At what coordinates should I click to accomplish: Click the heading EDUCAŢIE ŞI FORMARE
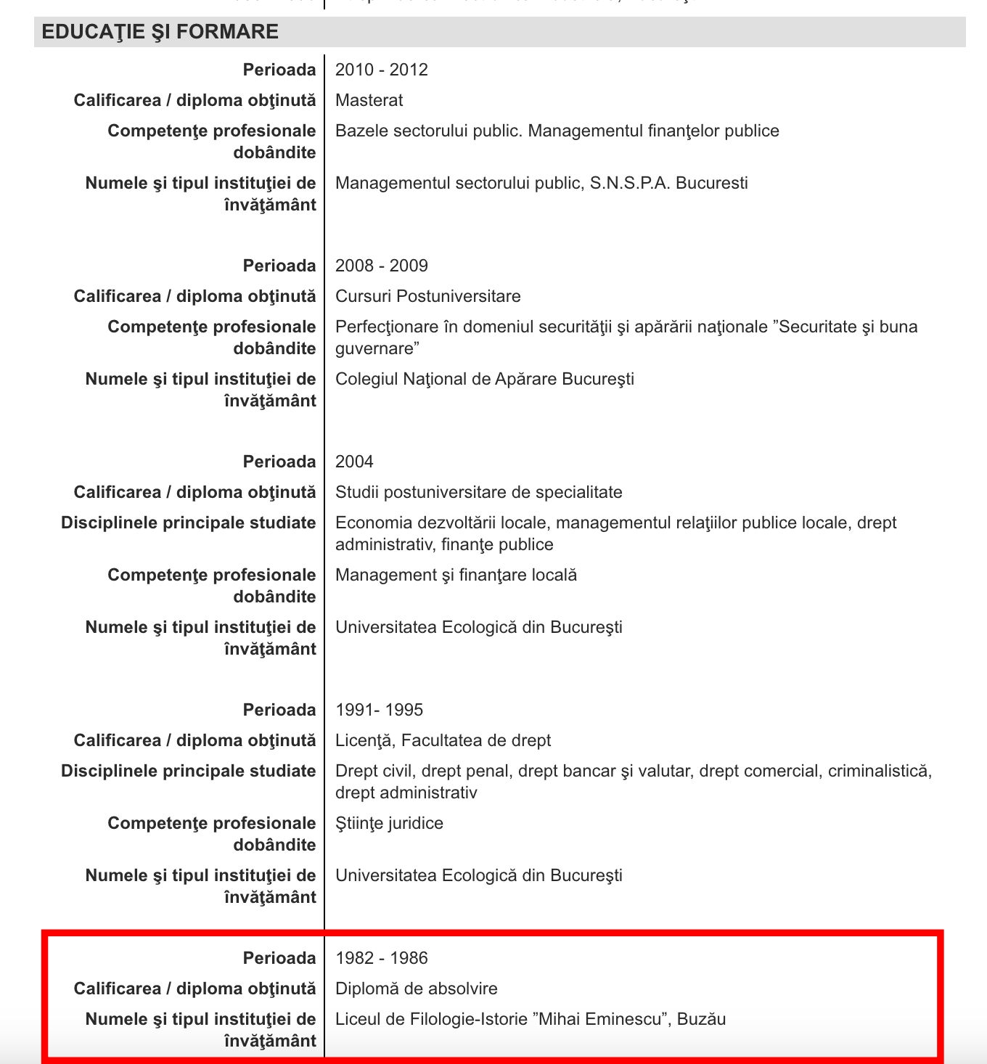[160, 32]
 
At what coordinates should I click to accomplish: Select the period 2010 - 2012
[381, 70]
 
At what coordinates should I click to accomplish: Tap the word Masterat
[369, 100]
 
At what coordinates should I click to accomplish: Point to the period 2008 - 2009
[381, 266]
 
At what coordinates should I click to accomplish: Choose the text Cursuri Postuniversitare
[427, 296]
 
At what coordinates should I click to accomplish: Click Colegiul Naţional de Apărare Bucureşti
[484, 379]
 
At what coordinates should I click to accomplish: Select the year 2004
[354, 462]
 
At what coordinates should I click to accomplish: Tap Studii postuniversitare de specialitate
[478, 492]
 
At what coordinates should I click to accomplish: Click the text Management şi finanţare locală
[456, 575]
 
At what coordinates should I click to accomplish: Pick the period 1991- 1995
[379, 710]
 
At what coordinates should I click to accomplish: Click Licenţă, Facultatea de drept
[443, 740]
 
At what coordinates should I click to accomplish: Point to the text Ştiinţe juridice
[389, 823]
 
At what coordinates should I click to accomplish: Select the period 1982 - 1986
[381, 958]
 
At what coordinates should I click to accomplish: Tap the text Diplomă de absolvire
[416, 989]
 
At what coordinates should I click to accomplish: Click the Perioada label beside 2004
[279, 462]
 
